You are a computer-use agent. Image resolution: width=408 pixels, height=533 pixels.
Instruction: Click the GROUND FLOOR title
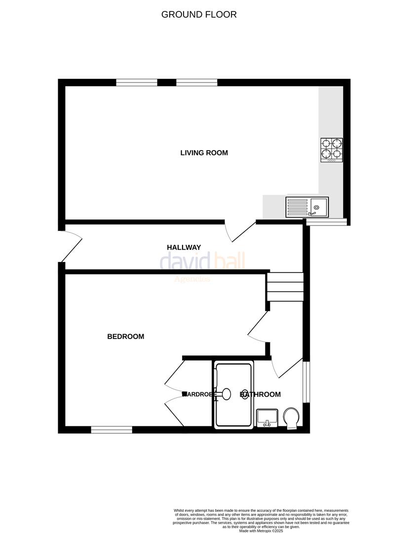(x=199, y=14)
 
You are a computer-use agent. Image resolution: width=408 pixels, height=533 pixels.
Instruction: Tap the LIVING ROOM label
(x=204, y=153)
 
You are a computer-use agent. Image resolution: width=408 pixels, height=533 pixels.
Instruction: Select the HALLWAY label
(x=184, y=247)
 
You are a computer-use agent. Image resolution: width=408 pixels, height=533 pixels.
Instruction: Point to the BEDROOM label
(x=126, y=337)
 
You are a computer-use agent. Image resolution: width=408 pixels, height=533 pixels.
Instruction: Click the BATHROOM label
(x=260, y=394)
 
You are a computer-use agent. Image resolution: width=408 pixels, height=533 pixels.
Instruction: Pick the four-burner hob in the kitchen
(x=332, y=150)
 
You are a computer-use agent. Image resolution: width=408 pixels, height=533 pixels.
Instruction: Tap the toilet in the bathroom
(x=292, y=418)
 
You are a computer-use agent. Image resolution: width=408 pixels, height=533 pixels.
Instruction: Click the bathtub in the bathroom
(x=234, y=395)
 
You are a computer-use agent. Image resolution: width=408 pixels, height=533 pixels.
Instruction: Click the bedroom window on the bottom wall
(x=111, y=430)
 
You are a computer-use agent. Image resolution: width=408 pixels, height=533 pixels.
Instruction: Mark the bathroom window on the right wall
(x=306, y=382)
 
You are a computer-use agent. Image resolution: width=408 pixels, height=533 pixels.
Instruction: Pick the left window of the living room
(x=137, y=82)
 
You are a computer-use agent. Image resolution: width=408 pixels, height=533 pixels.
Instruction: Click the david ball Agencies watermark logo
(x=202, y=265)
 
